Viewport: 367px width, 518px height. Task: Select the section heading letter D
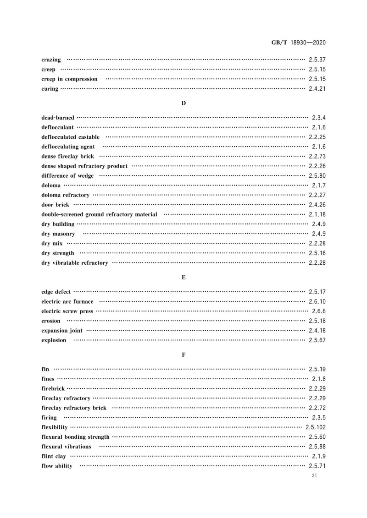pos(183,103)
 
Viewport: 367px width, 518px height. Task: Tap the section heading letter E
pos(183,278)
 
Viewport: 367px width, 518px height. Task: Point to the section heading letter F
pos(183,355)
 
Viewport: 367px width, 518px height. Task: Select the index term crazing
pos(51,60)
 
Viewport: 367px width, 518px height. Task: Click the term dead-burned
pos(57,118)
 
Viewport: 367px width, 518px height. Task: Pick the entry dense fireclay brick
pos(67,157)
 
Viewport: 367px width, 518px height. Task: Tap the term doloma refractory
pos(65,195)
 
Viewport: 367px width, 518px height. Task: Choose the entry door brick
pos(55,205)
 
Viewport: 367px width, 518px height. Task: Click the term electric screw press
pos(67,311)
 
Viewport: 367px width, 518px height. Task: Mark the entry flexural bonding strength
pos(75,437)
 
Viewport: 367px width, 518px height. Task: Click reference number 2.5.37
pos(317,60)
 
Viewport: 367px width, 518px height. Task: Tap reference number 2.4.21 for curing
pos(317,89)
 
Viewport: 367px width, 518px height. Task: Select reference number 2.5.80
pos(317,176)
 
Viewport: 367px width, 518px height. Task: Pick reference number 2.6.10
pos(317,301)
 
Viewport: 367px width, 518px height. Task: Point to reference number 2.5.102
pos(316,427)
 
